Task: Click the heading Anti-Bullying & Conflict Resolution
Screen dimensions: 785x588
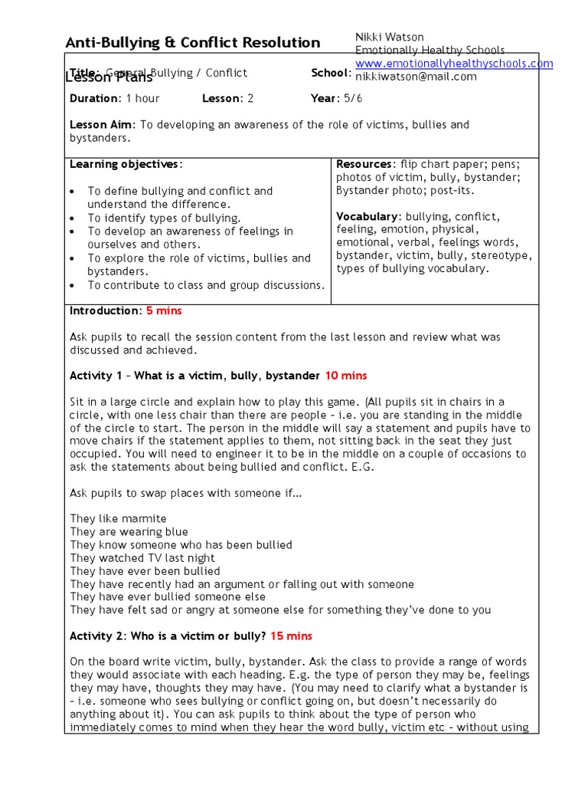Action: coord(192,43)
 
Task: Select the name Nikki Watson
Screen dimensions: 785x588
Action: coord(390,37)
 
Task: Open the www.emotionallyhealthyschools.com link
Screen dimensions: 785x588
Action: coord(453,64)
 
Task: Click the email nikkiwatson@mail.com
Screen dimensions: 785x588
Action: coord(416,77)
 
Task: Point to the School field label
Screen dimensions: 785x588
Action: coord(331,73)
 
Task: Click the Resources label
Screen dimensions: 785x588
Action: coord(365,164)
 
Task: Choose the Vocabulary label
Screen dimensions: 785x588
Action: coord(368,217)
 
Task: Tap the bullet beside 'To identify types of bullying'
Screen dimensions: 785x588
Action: coord(72,218)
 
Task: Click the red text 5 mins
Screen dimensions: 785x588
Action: coord(164,310)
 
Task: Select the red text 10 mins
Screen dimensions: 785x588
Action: coord(345,376)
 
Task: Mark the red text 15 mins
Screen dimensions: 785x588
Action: coord(291,636)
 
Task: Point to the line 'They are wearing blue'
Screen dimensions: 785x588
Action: coord(129,532)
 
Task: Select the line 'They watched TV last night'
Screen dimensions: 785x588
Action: coord(142,558)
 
